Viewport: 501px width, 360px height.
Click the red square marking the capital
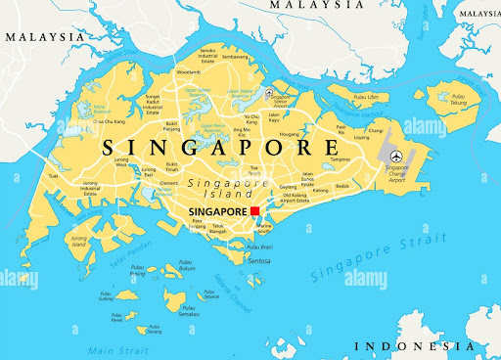(x=254, y=211)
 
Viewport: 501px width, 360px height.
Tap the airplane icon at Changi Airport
(x=394, y=157)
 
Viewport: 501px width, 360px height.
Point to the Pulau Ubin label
(x=369, y=98)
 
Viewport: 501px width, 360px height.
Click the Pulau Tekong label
(x=458, y=97)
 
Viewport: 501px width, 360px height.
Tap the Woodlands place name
(x=189, y=71)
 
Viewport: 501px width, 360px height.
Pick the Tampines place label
(x=340, y=158)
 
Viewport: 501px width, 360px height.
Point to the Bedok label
(x=342, y=185)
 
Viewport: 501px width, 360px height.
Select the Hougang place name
(x=289, y=134)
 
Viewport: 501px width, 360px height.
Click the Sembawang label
(x=235, y=56)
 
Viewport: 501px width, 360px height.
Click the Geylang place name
(x=287, y=186)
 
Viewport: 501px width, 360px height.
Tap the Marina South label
(x=263, y=227)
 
